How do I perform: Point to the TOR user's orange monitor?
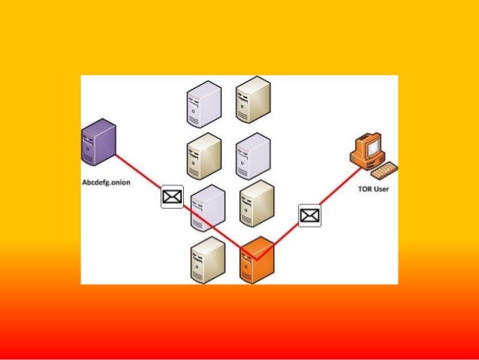point(367,147)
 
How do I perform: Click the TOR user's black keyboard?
point(385,170)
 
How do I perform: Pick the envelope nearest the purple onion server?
point(172,197)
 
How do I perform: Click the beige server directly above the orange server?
point(256,203)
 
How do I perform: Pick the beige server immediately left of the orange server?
point(208,259)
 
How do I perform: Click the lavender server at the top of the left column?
point(203,103)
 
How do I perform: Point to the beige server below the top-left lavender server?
point(203,156)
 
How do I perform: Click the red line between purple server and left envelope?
point(140,171)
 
